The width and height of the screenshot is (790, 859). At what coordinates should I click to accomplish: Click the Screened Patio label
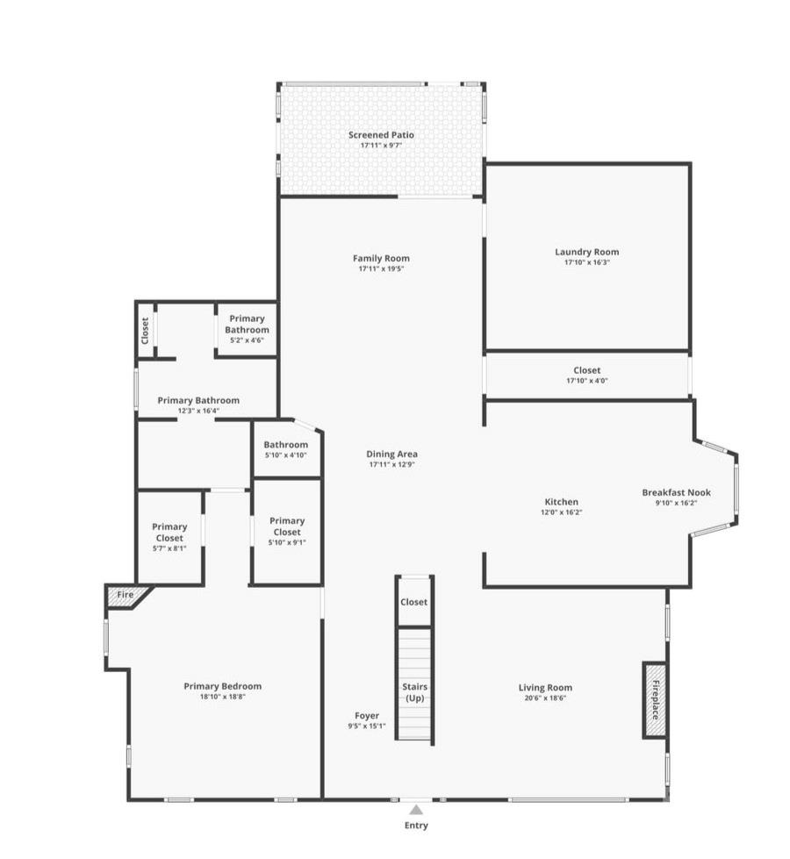click(381, 135)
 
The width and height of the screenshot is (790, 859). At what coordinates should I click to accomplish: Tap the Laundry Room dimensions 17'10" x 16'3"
click(587, 262)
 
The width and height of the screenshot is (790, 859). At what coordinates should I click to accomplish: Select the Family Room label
click(381, 258)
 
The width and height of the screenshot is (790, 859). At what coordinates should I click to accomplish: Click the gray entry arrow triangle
click(416, 810)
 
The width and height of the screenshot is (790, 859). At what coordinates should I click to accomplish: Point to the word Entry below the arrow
click(416, 826)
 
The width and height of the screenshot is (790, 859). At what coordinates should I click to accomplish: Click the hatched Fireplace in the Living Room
click(655, 700)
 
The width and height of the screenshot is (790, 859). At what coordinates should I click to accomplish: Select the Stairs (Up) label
click(415, 692)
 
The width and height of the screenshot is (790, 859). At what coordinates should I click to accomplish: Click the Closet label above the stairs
click(414, 602)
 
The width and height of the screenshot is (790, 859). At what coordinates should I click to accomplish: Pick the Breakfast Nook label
click(677, 492)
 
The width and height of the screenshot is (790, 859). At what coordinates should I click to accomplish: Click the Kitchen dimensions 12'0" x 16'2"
click(562, 512)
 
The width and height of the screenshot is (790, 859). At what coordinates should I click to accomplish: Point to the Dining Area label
click(392, 455)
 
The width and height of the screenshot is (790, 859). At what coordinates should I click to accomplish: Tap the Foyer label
click(367, 715)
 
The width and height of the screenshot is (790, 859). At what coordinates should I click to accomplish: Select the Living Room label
click(545, 688)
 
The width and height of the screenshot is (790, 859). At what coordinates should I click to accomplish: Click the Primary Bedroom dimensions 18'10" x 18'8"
click(223, 697)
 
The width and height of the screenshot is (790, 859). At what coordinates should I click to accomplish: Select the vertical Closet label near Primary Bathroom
click(145, 331)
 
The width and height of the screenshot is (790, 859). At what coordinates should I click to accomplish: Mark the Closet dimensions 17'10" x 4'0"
click(587, 381)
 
